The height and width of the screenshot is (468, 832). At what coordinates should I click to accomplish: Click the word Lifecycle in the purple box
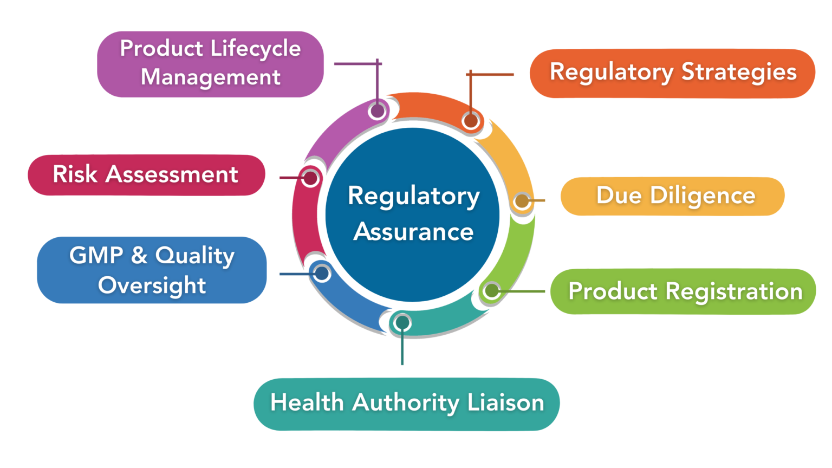pyautogui.click(x=255, y=49)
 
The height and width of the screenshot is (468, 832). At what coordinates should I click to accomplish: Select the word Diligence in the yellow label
pyautogui.click(x=703, y=196)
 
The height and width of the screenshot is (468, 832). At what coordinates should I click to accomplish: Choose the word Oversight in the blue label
pyautogui.click(x=152, y=285)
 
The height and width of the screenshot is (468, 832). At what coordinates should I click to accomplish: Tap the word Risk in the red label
pyautogui.click(x=75, y=174)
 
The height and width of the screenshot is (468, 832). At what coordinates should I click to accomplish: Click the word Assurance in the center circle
pyautogui.click(x=413, y=232)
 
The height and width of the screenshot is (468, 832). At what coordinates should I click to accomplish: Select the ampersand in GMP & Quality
pyautogui.click(x=139, y=255)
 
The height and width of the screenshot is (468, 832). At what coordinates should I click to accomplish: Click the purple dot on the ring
pyautogui.click(x=377, y=110)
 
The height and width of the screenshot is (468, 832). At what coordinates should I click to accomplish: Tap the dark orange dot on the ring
pyautogui.click(x=470, y=121)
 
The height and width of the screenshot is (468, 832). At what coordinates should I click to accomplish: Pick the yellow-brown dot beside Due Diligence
pyautogui.click(x=521, y=201)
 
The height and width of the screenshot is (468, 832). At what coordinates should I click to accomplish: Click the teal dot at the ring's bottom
pyautogui.click(x=402, y=323)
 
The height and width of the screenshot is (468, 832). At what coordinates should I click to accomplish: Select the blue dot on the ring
pyautogui.click(x=322, y=274)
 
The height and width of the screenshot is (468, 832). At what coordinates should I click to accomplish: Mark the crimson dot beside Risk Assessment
pyautogui.click(x=310, y=178)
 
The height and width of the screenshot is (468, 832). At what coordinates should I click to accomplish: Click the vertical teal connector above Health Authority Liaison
pyautogui.click(x=402, y=349)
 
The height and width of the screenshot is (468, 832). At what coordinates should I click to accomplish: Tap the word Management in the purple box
pyautogui.click(x=211, y=77)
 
